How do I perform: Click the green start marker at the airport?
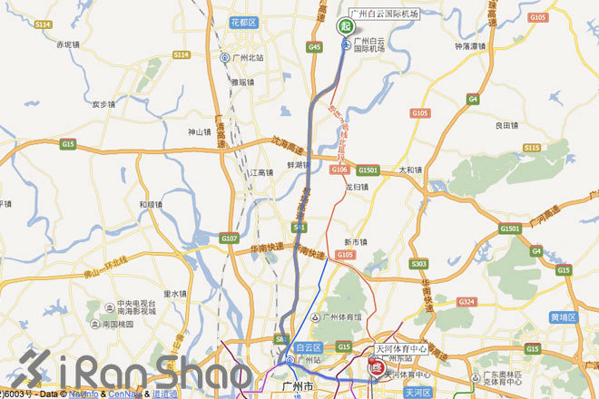point(345,26)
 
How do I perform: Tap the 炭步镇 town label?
point(107,104)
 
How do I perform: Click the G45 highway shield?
point(315,46)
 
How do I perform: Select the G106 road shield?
point(340,170)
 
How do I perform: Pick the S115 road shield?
point(532,147)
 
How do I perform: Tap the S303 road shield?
point(418,264)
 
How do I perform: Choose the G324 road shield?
point(466,301)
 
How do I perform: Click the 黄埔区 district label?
point(563,318)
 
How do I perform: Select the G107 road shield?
point(230,238)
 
